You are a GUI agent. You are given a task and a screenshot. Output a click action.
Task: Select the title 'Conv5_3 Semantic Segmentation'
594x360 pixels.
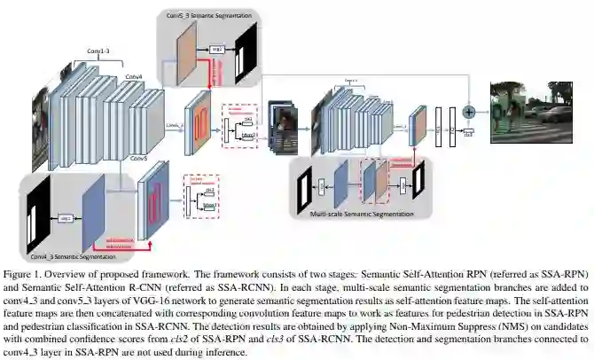(205, 15)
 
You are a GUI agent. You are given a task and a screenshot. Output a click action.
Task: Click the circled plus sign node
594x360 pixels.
(469, 111)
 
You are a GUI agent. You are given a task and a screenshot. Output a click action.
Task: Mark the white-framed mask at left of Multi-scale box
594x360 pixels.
(304, 187)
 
